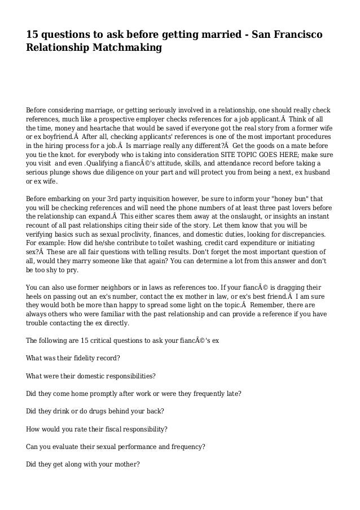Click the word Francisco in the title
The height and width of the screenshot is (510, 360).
(293, 36)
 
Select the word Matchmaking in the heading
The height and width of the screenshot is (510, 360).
(128, 49)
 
